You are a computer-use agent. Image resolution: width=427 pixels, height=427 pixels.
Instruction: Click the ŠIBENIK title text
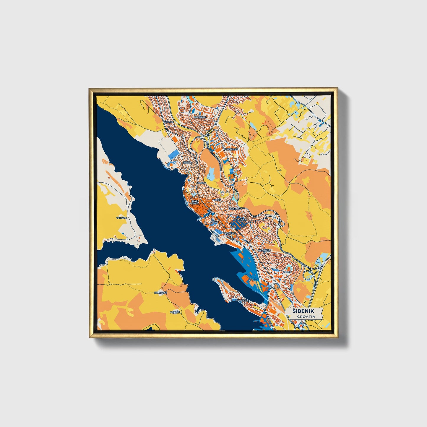coord(303,311)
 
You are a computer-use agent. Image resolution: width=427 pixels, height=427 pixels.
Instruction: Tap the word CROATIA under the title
coord(306,316)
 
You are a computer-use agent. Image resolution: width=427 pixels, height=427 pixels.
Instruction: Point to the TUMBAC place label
coord(121,218)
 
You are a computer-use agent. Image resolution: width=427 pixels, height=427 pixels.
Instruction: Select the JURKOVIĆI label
coord(161,293)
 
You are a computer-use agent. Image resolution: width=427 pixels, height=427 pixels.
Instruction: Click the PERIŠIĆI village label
coord(175,312)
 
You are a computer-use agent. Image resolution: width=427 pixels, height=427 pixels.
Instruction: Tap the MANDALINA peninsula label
coord(243,300)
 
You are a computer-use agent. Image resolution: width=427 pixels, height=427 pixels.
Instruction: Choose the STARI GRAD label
coord(195,202)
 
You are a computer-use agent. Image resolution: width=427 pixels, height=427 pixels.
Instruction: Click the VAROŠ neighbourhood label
coord(217,200)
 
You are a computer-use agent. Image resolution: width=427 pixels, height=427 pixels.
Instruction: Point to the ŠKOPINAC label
coord(235,209)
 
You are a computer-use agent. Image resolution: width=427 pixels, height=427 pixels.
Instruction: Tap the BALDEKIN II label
coord(241,220)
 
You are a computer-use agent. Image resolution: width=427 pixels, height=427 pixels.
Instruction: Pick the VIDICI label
coord(287,272)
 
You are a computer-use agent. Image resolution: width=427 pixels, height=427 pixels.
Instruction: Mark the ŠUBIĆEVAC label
coord(231,149)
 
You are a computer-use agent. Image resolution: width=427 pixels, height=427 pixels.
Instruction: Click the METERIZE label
coord(199,117)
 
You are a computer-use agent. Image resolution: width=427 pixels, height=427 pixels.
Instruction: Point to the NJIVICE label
coord(169,122)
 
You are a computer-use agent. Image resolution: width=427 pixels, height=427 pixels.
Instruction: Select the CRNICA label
coord(187,163)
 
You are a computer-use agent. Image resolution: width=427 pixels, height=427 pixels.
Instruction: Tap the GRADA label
coord(202,183)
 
